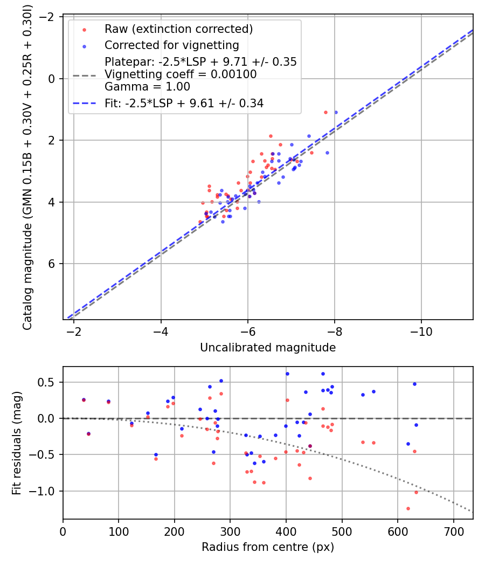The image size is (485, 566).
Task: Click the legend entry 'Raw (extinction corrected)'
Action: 179,29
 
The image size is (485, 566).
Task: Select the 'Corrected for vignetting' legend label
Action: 172,45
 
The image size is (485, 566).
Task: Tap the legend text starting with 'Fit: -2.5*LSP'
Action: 184,103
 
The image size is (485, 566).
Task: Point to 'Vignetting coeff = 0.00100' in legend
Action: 181,74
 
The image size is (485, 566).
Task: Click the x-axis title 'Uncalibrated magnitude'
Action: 268,348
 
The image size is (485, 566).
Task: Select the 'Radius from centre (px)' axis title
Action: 268,547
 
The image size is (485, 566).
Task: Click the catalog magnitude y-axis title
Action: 27,168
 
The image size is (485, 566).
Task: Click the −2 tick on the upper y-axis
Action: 50,17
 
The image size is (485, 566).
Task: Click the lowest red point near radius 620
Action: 408,508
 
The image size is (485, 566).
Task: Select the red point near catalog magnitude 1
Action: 325,112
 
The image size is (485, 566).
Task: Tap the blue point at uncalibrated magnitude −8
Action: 336,112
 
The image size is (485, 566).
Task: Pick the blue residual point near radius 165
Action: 156,454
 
